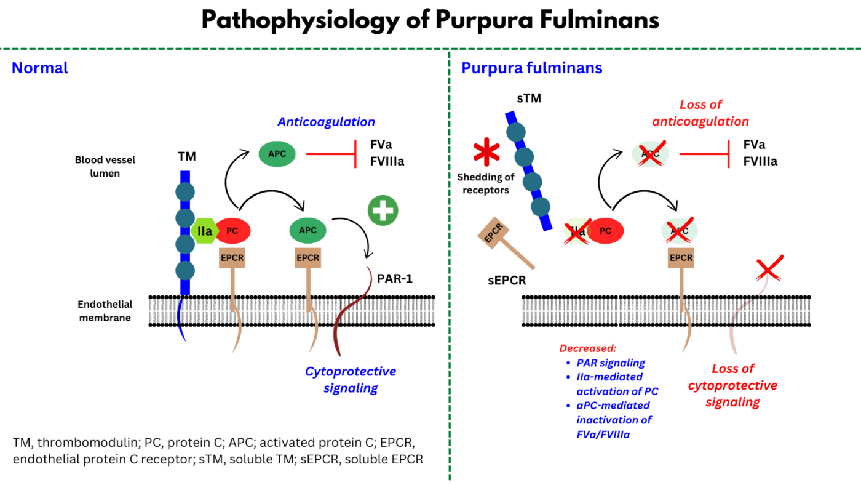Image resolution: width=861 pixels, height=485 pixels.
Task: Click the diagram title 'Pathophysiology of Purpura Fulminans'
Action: pyautogui.click(x=430, y=20)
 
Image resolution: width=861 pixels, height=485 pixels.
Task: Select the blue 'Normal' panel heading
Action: pyautogui.click(x=40, y=68)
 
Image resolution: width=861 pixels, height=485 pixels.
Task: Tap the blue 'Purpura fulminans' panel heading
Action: pyautogui.click(x=532, y=68)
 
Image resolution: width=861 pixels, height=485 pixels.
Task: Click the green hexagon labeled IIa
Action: pyautogui.click(x=205, y=231)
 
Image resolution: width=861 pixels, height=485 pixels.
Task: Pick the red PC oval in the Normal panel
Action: pyautogui.click(x=232, y=231)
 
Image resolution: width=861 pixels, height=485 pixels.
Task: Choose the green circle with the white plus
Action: pyautogui.click(x=383, y=210)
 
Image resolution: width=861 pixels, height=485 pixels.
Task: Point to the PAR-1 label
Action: pyautogui.click(x=394, y=279)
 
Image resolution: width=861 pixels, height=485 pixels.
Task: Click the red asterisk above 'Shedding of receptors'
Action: pyautogui.click(x=485, y=153)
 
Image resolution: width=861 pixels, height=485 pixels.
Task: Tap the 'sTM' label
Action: pyautogui.click(x=529, y=98)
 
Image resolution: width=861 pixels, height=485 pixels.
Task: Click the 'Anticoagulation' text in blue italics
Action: pyautogui.click(x=326, y=122)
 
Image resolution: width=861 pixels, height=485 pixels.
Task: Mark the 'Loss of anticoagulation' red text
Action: pyautogui.click(x=700, y=113)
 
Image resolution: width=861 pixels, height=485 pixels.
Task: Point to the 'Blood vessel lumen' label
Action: pyautogui.click(x=105, y=166)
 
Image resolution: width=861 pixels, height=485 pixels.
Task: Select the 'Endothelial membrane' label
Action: pyautogui.click(x=105, y=311)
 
